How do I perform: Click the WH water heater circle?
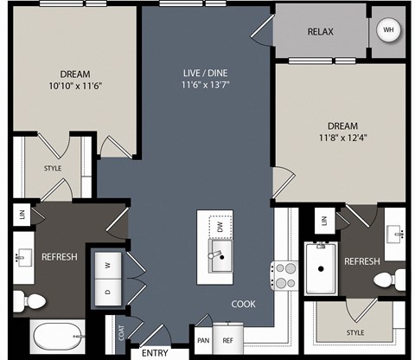pyautogui.click(x=388, y=29)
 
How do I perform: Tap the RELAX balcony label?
pyautogui.click(x=321, y=31)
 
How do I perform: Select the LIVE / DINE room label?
pyautogui.click(x=205, y=73)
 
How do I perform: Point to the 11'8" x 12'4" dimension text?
pyautogui.click(x=342, y=138)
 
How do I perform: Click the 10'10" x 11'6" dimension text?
pyautogui.click(x=75, y=86)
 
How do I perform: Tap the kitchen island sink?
pyautogui.click(x=220, y=256)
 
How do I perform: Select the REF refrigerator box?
pyautogui.click(x=228, y=339)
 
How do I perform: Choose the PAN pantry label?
pyautogui.click(x=203, y=341)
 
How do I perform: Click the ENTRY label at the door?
pyautogui.click(x=155, y=353)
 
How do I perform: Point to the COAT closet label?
pyautogui.click(x=121, y=333)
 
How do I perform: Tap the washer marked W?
pyautogui.click(x=108, y=266)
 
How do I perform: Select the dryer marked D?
pyautogui.click(x=108, y=292)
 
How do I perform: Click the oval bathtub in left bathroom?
pyautogui.click(x=59, y=337)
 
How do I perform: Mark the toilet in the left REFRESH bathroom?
pyautogui.click(x=29, y=301)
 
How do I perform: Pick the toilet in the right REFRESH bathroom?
pyautogui.click(x=390, y=280)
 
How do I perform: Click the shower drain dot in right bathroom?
pyautogui.click(x=321, y=269)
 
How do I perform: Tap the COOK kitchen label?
pyautogui.click(x=244, y=304)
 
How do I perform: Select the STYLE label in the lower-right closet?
pyautogui.click(x=355, y=333)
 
